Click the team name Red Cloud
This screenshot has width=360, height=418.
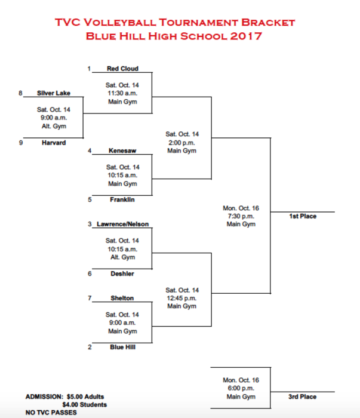tap(122, 69)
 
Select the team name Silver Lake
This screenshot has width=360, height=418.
tap(54, 93)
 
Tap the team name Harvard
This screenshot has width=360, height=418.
tap(54, 143)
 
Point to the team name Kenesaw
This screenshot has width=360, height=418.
tap(122, 150)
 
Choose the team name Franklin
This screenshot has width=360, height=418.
tap(122, 199)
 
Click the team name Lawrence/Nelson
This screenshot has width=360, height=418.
tap(122, 224)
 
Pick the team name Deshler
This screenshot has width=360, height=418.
tap(122, 273)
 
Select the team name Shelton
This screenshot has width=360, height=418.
tap(122, 298)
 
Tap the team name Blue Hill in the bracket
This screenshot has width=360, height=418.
tap(122, 347)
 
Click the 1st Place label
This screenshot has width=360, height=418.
tap(303, 216)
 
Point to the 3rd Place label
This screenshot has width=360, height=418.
tap(302, 397)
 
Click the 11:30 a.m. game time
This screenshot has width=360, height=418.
tap(122, 93)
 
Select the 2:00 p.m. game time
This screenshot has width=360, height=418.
tap(181, 143)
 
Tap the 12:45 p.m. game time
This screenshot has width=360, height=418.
tap(181, 299)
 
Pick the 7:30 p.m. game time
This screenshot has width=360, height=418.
tap(241, 216)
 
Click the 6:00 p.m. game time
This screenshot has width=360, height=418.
tap(241, 388)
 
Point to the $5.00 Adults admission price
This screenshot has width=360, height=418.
tap(85, 397)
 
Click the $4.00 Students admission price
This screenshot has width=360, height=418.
tap(84, 405)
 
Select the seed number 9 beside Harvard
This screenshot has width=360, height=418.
tap(21, 143)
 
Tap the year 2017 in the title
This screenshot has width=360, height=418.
tap(246, 36)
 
